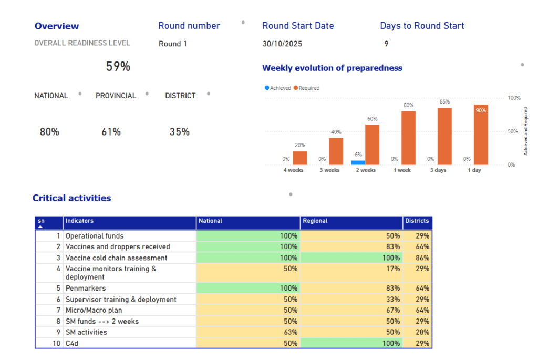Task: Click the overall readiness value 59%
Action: [x=118, y=67]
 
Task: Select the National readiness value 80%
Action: [x=49, y=132]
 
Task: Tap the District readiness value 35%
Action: [x=179, y=132]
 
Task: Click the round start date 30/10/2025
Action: [x=282, y=44]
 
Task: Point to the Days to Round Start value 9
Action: [x=386, y=44]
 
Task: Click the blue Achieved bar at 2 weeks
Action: [x=358, y=162]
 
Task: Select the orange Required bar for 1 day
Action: [x=481, y=135]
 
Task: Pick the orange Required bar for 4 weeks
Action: [x=300, y=158]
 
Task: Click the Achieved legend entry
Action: [x=278, y=88]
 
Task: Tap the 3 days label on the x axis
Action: [x=438, y=170]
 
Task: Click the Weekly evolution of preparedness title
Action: [x=332, y=68]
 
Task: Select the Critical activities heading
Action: [x=72, y=198]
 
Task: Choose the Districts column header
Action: [x=417, y=221]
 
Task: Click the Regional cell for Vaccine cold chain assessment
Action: [x=351, y=258]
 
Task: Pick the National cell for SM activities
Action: [x=248, y=332]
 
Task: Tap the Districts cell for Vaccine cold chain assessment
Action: [x=417, y=258]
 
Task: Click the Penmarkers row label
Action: [x=86, y=288]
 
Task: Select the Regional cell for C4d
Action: [x=351, y=343]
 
